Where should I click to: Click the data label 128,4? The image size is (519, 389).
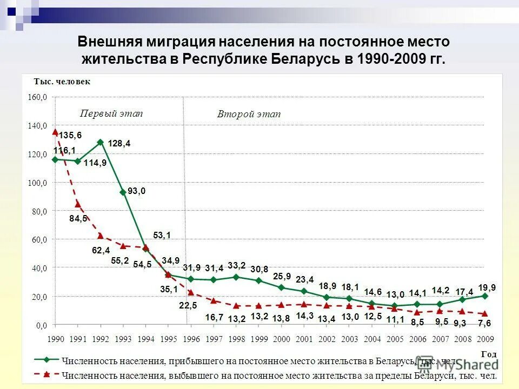tap(119, 144)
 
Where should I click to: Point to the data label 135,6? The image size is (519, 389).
tap(70, 135)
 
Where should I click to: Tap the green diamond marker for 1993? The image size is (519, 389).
tap(123, 192)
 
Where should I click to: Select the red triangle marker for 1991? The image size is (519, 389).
tap(78, 204)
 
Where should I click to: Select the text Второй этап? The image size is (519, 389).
tap(249, 115)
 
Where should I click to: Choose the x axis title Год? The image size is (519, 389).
tap(488, 353)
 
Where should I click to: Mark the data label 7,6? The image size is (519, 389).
tap(484, 325)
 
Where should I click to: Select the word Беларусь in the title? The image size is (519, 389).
tap(305, 59)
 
